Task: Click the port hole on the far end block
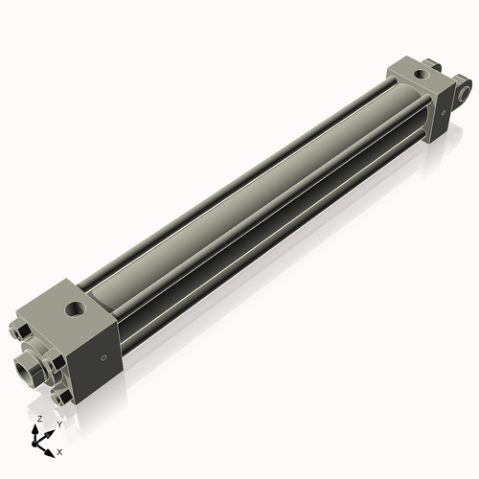click(x=424, y=73)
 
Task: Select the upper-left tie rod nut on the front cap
click(x=20, y=331)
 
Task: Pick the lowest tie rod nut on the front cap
click(x=61, y=395)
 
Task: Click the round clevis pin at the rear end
click(x=467, y=93)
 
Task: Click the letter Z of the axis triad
click(x=38, y=420)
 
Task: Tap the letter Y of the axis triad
click(x=58, y=423)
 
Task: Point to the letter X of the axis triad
click(x=60, y=450)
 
